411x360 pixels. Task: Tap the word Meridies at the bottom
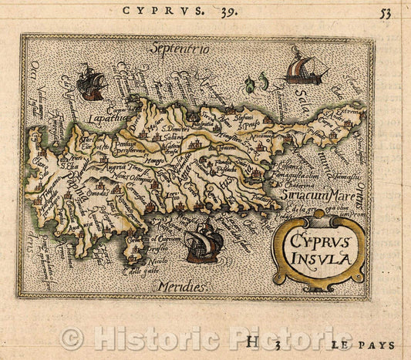[x=178, y=286]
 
